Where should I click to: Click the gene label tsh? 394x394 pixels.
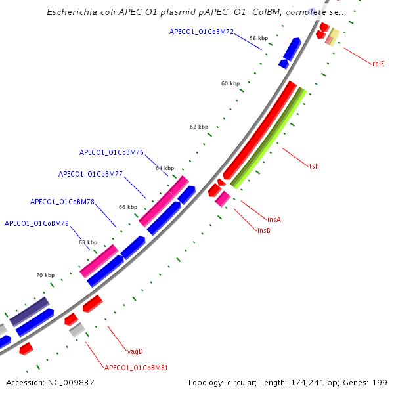point(314,166)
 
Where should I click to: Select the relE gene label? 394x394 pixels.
point(378,64)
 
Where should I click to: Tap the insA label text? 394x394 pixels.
point(274,219)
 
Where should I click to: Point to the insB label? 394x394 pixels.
point(264,230)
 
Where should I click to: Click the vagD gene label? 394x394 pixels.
point(135,351)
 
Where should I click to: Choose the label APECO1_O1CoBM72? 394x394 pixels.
point(202,32)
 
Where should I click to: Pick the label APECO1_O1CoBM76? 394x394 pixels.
point(112,152)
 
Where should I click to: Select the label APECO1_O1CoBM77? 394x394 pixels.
point(91,174)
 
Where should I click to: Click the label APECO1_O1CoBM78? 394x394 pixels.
point(62,202)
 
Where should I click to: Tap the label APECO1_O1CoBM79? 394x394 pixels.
point(37,223)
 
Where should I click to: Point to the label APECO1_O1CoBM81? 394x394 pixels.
point(136,368)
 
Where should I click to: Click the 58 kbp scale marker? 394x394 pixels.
point(259,39)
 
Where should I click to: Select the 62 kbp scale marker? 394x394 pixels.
point(199,126)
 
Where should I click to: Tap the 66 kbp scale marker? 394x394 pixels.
point(128,207)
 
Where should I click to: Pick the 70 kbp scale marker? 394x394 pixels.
point(45,275)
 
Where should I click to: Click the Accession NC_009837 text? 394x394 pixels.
point(49,382)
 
